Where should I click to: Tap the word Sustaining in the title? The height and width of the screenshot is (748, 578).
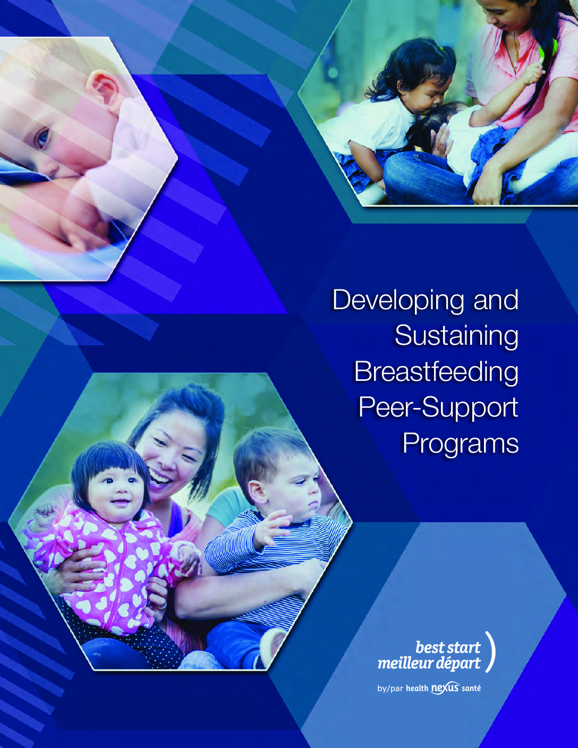point(456,337)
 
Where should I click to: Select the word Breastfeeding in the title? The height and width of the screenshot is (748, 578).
point(437,373)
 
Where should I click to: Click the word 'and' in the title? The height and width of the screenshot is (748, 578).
point(496,300)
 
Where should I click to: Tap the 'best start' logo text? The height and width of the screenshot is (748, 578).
point(447,648)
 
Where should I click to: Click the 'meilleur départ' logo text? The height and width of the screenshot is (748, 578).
point(429,664)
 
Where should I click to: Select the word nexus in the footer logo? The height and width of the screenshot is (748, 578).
point(445,688)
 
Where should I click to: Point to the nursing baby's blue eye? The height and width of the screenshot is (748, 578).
point(42,138)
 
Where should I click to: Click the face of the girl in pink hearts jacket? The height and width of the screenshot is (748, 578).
point(116,489)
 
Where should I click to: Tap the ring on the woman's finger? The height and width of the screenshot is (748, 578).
point(163,605)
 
